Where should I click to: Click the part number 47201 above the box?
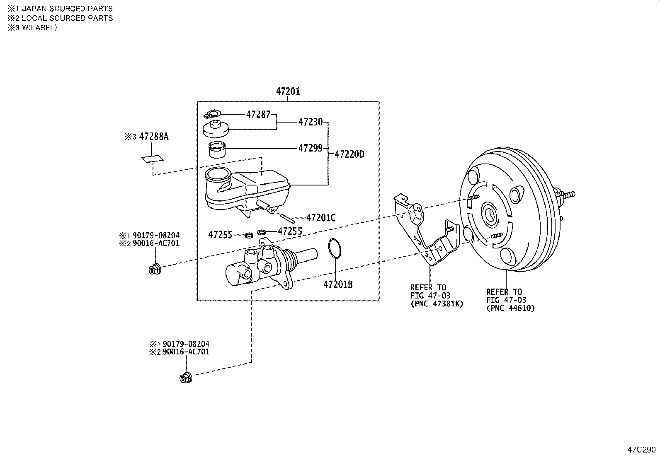tap(288, 91)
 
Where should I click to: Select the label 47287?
tap(258, 115)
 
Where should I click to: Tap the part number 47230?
tap(310, 122)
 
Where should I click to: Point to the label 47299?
tap(310, 148)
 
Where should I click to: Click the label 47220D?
tap(349, 154)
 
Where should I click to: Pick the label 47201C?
tap(320, 217)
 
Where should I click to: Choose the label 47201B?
tap(338, 284)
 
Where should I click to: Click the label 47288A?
tap(153, 137)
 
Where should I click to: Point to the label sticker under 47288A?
tap(152, 159)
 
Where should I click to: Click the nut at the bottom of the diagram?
tap(185, 378)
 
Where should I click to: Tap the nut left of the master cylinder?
tap(155, 270)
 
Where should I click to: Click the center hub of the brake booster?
tap(490, 214)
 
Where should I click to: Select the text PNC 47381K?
tap(437, 304)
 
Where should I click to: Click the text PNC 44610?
tap(510, 308)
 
